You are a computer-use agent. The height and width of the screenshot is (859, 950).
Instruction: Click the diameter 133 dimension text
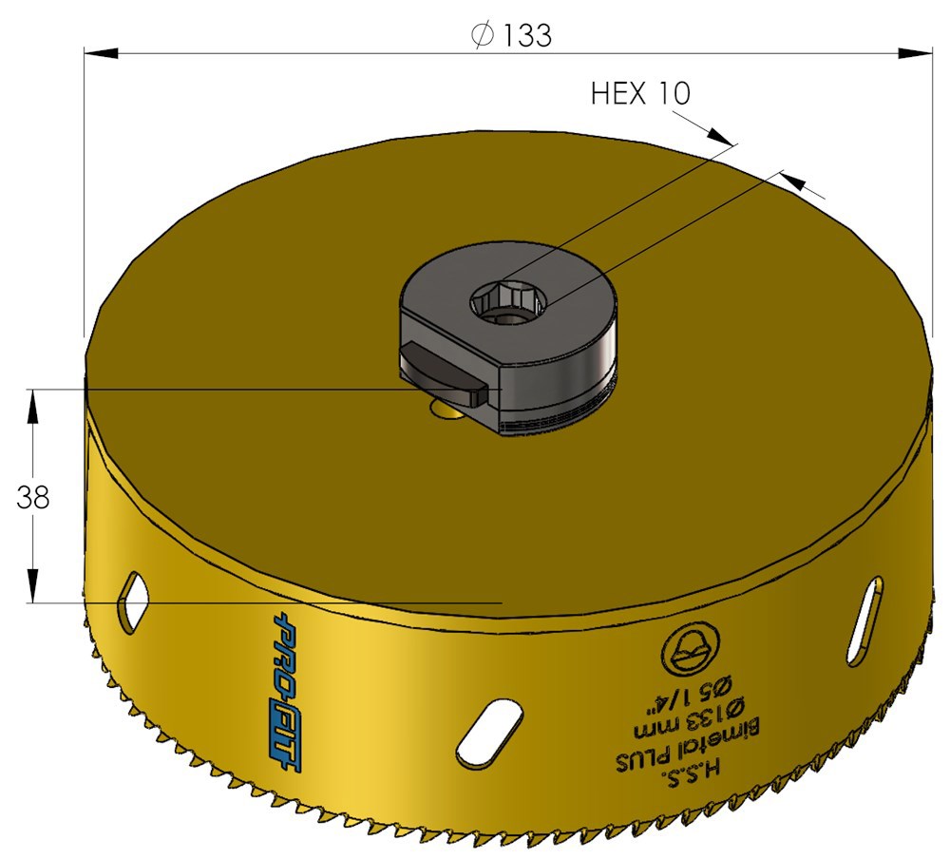point(511,35)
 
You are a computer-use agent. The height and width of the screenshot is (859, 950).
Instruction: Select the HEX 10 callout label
point(640,93)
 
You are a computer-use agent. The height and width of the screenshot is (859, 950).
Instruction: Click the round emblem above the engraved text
point(691,650)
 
